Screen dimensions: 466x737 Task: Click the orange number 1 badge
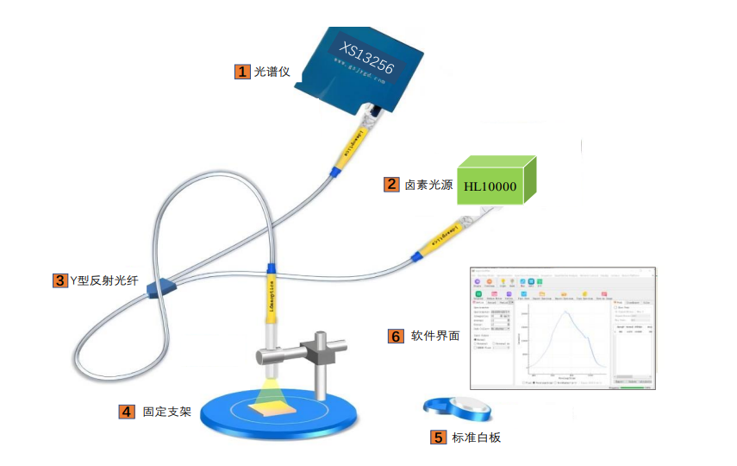pyautogui.click(x=242, y=72)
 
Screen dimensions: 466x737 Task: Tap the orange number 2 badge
pyautogui.click(x=391, y=184)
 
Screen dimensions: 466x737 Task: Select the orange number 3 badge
pyautogui.click(x=59, y=280)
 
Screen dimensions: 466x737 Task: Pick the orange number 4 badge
pyautogui.click(x=127, y=412)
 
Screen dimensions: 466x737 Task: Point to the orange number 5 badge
pyautogui.click(x=438, y=438)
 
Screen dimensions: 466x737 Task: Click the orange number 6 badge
pyautogui.click(x=396, y=336)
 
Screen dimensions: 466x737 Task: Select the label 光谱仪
pyautogui.click(x=273, y=72)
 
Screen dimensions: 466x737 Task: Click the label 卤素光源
pyautogui.click(x=428, y=184)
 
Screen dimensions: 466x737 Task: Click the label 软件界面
pyautogui.click(x=434, y=336)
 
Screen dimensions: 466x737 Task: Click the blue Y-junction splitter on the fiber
pyautogui.click(x=160, y=287)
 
